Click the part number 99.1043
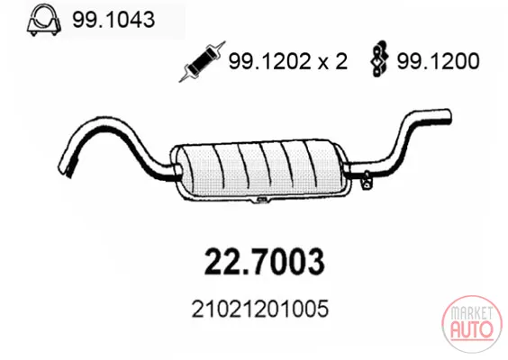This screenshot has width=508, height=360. [x=113, y=20]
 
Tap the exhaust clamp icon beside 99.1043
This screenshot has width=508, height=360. [x=44, y=20]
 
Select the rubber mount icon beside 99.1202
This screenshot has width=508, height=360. [x=202, y=61]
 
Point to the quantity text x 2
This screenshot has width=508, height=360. [x=332, y=61]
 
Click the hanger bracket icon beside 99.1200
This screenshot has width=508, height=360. [x=379, y=58]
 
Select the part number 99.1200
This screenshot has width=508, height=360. [x=438, y=61]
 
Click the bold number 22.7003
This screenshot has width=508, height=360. [x=264, y=262]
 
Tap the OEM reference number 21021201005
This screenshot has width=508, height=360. [x=259, y=309]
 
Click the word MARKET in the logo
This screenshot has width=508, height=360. [x=471, y=313]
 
